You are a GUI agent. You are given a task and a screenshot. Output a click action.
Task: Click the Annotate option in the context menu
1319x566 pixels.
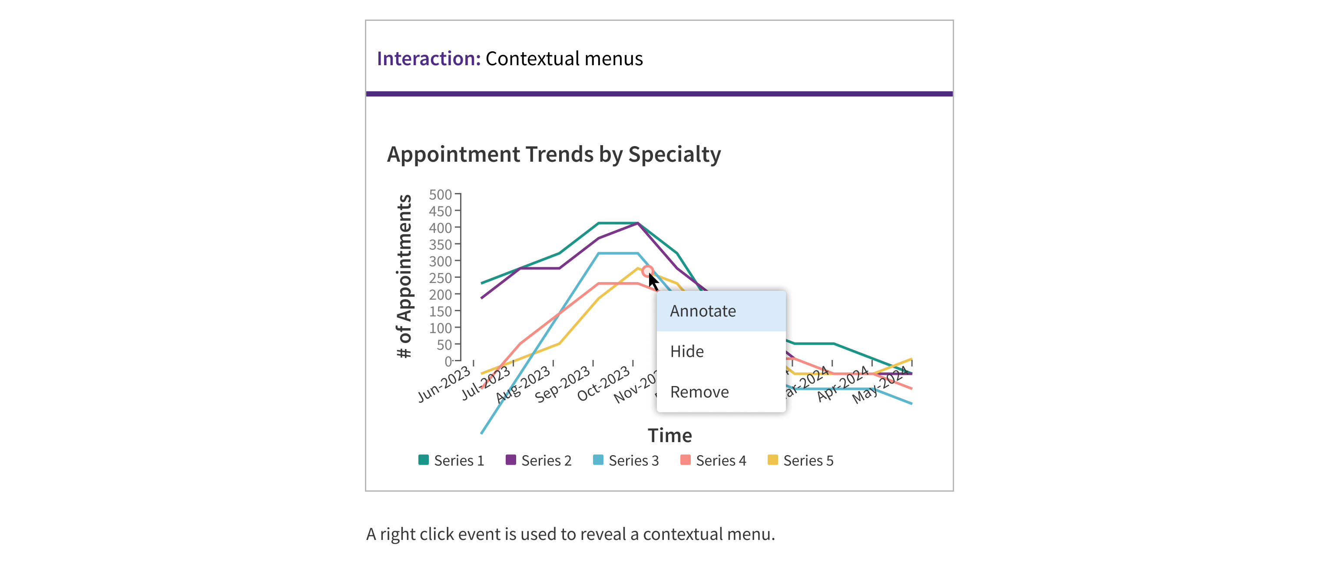tap(703, 311)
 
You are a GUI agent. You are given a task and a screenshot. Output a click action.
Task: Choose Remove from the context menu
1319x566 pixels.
tap(699, 392)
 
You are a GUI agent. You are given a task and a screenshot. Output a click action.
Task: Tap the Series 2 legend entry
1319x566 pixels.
tap(539, 460)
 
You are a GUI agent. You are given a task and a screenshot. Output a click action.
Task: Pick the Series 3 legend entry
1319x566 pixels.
tap(626, 460)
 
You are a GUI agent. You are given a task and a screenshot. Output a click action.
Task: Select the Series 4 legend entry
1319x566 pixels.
tap(713, 460)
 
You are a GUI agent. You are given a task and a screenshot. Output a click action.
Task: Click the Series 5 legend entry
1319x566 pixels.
tap(800, 460)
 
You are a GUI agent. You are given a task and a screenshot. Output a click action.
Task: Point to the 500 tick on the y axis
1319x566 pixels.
tap(441, 195)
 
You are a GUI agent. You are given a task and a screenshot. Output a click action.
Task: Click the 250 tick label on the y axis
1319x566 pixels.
tap(441, 278)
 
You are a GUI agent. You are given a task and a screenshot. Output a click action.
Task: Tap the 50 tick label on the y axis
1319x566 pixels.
tap(444, 345)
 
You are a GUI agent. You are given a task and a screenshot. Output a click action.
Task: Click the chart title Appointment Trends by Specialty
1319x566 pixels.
tap(553, 154)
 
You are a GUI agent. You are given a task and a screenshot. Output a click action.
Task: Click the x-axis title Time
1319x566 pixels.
tap(670, 436)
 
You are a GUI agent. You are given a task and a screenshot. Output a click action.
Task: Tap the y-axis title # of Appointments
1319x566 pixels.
tap(404, 276)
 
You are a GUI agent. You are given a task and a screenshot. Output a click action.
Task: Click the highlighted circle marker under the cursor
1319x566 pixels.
tap(647, 271)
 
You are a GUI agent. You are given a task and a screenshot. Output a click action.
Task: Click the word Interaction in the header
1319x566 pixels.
tap(428, 58)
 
